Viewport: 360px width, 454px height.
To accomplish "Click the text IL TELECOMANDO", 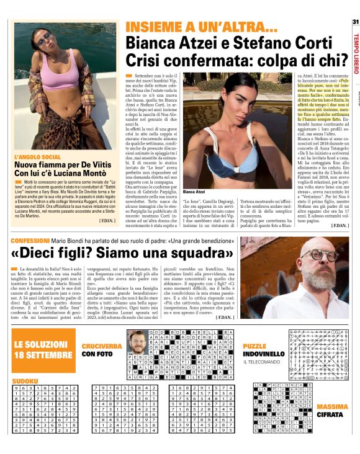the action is pyautogui.click(x=263, y=362).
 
